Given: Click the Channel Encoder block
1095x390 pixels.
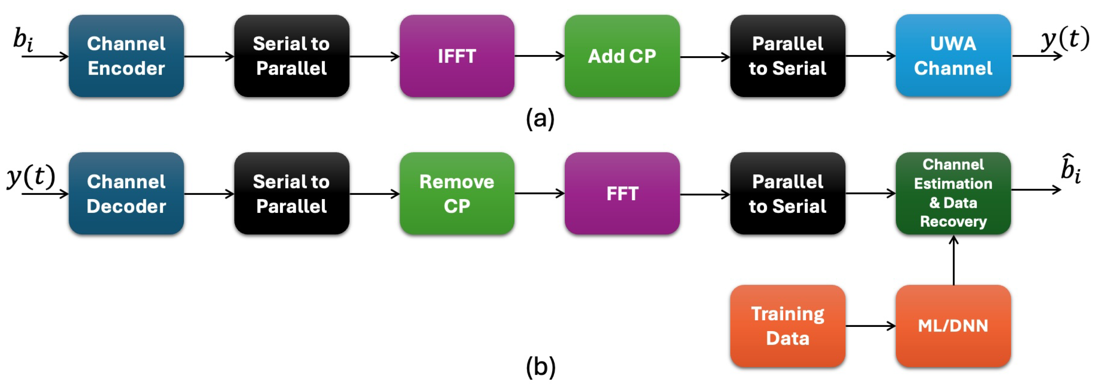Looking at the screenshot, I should point(126,56).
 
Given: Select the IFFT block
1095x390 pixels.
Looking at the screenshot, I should point(457,56).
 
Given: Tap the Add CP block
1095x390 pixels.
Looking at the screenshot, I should point(622,56).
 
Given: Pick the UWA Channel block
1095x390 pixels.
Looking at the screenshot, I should point(953,56).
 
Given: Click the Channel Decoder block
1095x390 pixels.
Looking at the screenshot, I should point(126,193).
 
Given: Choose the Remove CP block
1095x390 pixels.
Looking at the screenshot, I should point(457,193).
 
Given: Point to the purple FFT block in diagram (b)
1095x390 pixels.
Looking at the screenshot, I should point(622,193).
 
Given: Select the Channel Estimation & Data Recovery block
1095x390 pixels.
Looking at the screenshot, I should point(953,193).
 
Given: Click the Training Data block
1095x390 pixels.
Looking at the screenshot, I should point(787,326).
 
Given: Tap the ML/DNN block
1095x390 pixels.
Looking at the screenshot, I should point(953,326).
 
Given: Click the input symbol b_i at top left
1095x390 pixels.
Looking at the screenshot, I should point(23,40).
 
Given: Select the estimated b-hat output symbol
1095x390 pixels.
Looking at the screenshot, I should point(1070,169).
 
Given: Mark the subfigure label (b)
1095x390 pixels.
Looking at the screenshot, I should point(540,367).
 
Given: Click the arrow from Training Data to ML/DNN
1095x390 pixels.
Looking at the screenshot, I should point(870,326).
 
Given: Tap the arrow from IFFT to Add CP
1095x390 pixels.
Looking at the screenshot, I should point(539,56).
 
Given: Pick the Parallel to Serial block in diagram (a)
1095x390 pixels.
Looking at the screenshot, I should point(787,56).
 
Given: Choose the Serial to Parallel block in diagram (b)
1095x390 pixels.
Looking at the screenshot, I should point(291,193).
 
